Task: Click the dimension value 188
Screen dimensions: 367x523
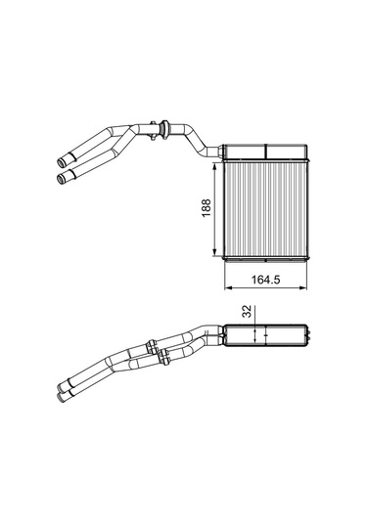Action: click(206, 208)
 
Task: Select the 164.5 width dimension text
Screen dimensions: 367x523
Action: click(265, 280)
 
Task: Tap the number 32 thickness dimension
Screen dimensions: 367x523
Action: click(247, 312)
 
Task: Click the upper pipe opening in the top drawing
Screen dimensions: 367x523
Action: click(61, 163)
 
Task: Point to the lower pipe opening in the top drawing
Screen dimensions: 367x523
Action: click(61, 179)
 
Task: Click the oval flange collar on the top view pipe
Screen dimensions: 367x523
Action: click(164, 128)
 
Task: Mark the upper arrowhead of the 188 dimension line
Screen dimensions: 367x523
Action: click(215, 166)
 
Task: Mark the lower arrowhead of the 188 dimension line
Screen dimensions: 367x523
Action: click(215, 252)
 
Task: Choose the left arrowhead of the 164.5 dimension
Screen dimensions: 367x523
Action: click(228, 287)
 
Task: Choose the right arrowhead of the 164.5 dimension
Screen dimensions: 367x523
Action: click(302, 287)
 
